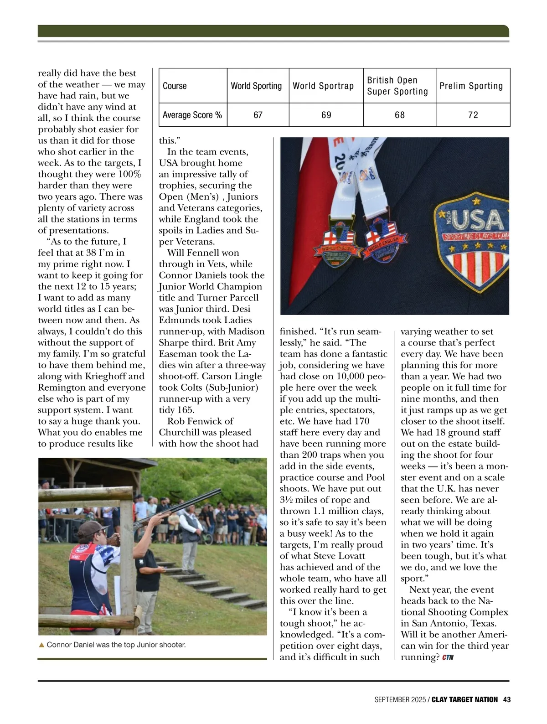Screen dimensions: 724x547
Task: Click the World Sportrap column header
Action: (323, 86)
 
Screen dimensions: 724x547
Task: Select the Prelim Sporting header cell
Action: (471, 86)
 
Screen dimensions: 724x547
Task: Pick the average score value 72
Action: (473, 115)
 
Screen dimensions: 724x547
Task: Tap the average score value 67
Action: (258, 115)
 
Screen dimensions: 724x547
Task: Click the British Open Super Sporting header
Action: (397, 86)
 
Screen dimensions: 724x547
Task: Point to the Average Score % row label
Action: (192, 115)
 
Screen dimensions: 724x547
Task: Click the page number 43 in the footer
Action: (507, 699)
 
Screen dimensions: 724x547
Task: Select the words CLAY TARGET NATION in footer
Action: (464, 699)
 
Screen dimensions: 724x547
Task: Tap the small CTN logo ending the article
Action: (448, 657)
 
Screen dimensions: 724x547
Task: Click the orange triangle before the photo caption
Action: (41, 645)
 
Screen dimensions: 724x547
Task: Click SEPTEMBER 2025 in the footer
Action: (400, 699)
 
